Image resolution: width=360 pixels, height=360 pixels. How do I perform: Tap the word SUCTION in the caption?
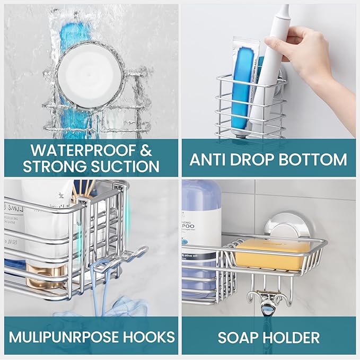pos(122,166)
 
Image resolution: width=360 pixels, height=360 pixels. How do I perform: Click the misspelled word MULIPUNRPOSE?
pos(71,336)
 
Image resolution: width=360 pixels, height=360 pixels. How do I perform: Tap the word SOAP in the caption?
pos(235,337)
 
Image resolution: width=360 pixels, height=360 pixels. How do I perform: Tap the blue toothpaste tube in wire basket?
pos(243,85)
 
